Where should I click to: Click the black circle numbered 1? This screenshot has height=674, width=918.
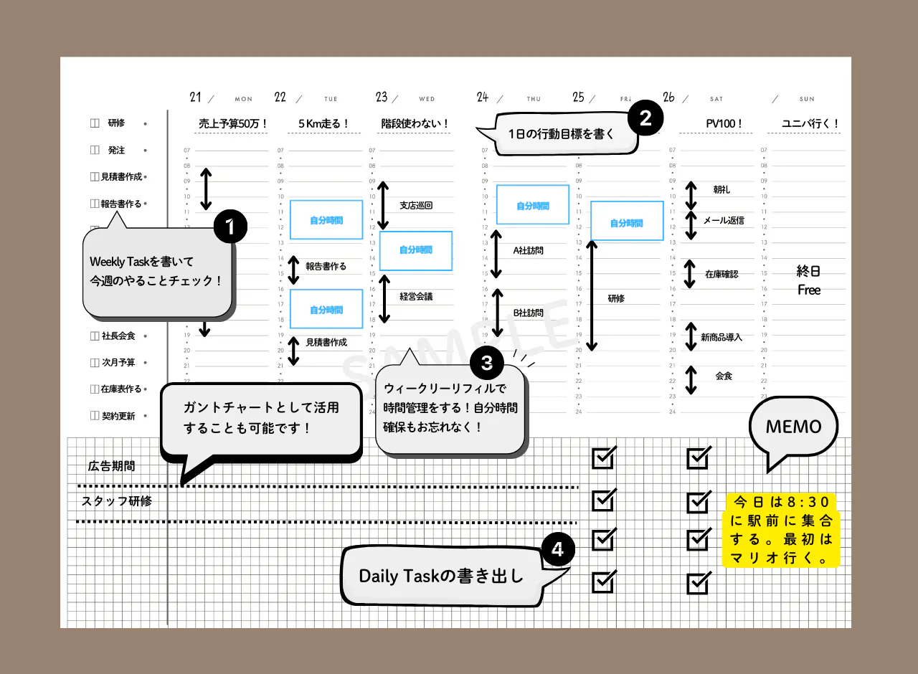click(x=230, y=227)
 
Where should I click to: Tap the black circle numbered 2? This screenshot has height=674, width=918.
click(x=645, y=118)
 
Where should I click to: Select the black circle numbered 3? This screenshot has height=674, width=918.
click(x=487, y=363)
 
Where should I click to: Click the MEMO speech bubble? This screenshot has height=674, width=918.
click(x=793, y=428)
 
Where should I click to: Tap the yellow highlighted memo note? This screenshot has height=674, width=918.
click(x=782, y=530)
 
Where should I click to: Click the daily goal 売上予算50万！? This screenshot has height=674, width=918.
click(x=232, y=123)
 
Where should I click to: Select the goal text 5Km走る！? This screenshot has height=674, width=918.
click(x=323, y=123)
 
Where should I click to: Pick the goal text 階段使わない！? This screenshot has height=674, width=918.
click(x=415, y=123)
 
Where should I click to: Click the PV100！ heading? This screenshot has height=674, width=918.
click(x=724, y=123)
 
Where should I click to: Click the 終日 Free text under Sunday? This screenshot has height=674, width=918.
click(x=809, y=280)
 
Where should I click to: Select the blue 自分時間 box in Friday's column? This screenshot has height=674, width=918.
click(x=627, y=221)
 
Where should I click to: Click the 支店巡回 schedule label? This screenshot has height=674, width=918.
click(x=416, y=206)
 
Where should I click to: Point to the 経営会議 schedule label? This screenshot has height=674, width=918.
click(x=416, y=296)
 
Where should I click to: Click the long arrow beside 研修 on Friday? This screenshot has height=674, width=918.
click(x=592, y=295)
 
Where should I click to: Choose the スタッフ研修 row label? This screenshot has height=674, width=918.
click(x=117, y=501)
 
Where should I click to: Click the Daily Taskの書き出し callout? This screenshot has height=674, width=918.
click(x=441, y=576)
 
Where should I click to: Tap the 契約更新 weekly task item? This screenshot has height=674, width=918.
click(x=118, y=416)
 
